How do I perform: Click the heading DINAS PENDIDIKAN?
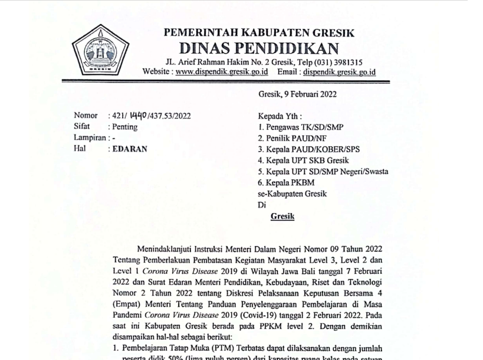point(259,48)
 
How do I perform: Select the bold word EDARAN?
point(130,149)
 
